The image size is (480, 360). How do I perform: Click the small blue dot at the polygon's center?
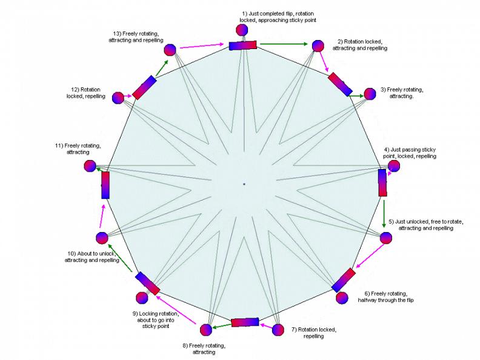click(244, 184)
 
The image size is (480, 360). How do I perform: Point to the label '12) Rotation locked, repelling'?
click(86, 92)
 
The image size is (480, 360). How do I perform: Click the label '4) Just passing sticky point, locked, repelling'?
click(410, 152)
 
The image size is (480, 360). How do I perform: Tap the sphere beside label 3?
click(370, 94)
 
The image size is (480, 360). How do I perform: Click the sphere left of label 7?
click(278, 330)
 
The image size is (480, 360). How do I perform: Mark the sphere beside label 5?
click(385, 237)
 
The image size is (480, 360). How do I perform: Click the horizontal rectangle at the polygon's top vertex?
click(244, 45)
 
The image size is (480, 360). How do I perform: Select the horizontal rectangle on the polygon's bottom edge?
click(245, 322)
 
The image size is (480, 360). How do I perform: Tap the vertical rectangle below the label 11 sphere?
click(106, 185)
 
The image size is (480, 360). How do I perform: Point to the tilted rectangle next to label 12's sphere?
click(144, 87)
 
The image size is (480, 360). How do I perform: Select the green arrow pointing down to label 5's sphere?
click(384, 213)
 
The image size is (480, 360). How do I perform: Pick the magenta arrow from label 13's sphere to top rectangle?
click(203, 44)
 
